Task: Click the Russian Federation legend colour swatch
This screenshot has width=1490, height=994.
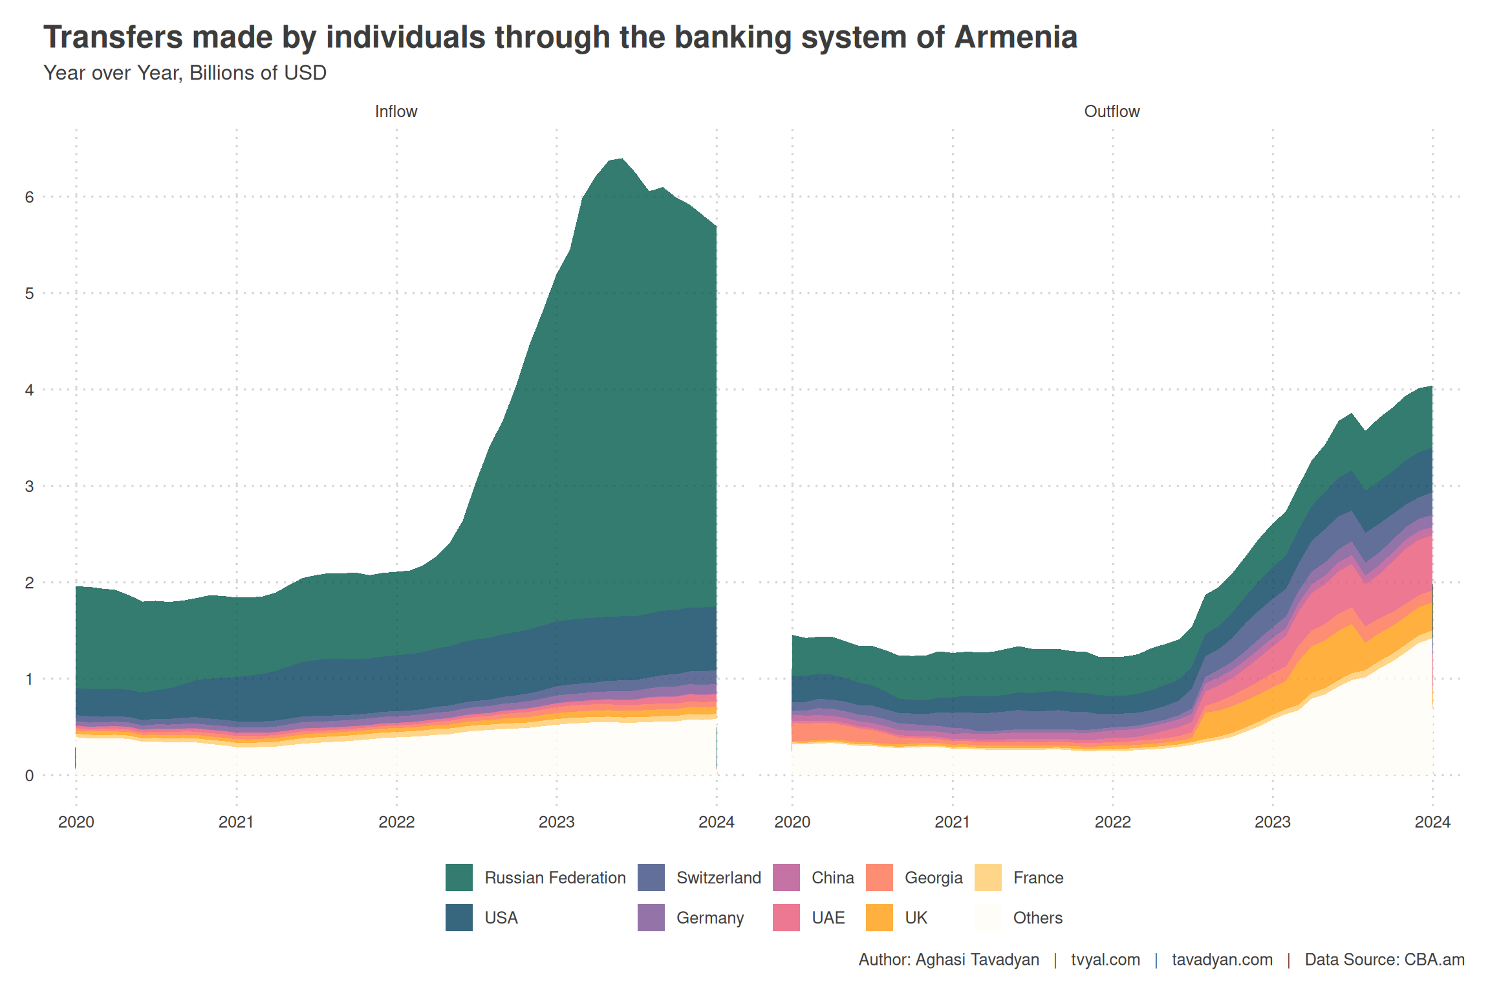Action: tap(459, 878)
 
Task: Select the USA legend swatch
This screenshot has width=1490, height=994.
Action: tap(459, 918)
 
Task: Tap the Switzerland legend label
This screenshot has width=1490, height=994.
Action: tap(718, 878)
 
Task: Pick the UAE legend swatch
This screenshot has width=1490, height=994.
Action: tap(786, 918)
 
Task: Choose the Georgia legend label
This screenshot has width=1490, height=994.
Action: tap(933, 878)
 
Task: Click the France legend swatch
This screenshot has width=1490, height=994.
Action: tap(988, 878)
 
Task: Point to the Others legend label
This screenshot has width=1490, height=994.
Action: tap(1037, 918)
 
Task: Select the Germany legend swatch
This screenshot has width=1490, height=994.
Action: tap(651, 918)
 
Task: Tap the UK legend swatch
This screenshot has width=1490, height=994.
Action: tap(879, 918)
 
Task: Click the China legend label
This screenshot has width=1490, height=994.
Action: tap(832, 878)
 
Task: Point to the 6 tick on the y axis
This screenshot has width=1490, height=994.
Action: tap(30, 197)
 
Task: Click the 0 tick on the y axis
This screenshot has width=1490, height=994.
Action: tap(30, 775)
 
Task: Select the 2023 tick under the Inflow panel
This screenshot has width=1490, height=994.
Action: tap(556, 822)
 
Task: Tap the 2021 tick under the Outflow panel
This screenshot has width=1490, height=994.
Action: tap(952, 822)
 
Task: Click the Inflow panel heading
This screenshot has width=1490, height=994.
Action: tap(396, 111)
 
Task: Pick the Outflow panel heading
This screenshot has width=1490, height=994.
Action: tap(1112, 111)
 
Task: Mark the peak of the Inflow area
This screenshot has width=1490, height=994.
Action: tap(621, 159)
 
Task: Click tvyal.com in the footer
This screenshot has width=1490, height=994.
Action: tap(1105, 959)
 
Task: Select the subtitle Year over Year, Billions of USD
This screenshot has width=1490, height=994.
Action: tap(185, 73)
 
